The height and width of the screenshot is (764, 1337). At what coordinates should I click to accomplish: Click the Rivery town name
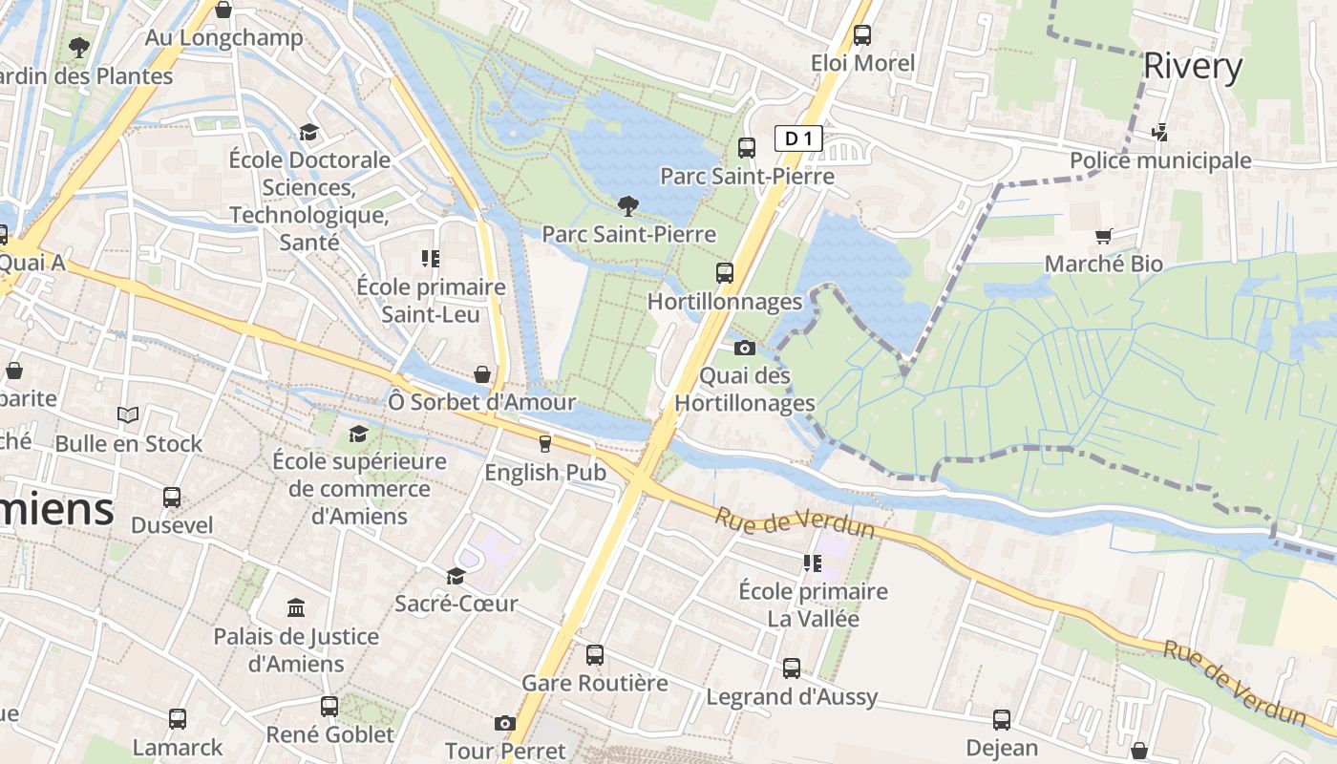[x=1193, y=67]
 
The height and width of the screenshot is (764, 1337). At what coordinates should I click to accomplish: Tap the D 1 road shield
[x=797, y=138]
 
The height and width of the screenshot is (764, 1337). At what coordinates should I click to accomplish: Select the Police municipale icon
[x=1160, y=133]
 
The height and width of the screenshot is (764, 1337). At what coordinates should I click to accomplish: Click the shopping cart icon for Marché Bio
[x=1104, y=236]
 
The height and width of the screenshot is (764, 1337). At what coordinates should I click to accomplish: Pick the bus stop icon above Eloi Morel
[x=862, y=35]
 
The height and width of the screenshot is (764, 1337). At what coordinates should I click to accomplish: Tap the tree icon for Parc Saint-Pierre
[x=628, y=205]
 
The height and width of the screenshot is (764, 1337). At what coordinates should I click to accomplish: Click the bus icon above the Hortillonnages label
[x=725, y=273]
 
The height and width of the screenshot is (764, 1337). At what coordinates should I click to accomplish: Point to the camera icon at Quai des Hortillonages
[x=745, y=348]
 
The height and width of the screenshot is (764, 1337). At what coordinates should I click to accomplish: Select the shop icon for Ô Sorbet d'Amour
[x=482, y=374]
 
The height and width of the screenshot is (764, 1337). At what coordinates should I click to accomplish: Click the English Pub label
[x=545, y=472]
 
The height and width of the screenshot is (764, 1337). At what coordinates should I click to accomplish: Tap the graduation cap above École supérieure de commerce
[x=358, y=434]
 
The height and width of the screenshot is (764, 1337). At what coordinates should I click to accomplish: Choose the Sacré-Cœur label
[x=456, y=604]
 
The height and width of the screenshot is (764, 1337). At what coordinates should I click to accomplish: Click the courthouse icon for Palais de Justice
[x=296, y=608]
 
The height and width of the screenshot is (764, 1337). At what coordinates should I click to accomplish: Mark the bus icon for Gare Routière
[x=595, y=655]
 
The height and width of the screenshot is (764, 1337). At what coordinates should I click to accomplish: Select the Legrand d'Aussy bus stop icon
[x=792, y=668]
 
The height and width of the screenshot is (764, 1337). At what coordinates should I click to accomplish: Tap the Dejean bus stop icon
[x=1001, y=720]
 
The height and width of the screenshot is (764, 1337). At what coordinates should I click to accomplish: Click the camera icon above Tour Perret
[x=505, y=724]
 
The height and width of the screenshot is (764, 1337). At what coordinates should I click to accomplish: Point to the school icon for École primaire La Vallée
[x=813, y=563]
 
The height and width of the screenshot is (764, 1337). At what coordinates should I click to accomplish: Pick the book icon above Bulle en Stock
[x=128, y=415]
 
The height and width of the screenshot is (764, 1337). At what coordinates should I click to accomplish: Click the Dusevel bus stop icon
[x=172, y=498]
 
